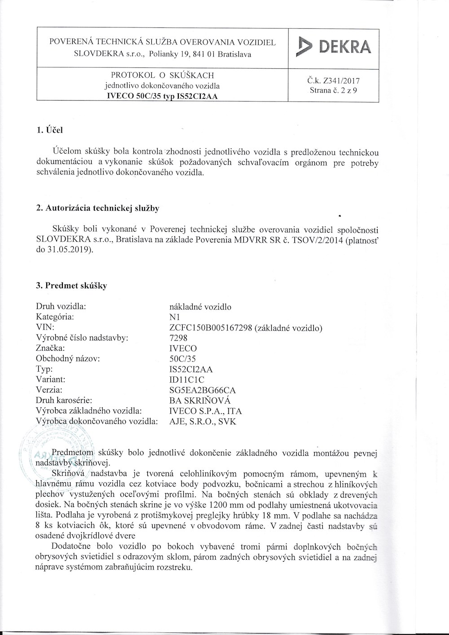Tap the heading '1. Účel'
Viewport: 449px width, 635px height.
point(50,130)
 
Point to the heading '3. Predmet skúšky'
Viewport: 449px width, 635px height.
point(71,285)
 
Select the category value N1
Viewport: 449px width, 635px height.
point(170,317)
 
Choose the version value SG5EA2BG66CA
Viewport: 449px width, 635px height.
point(200,390)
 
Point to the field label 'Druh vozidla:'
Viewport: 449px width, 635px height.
point(61,307)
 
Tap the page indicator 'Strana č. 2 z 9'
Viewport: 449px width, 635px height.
point(334,90)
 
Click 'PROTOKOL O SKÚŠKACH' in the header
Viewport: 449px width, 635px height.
point(162,75)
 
